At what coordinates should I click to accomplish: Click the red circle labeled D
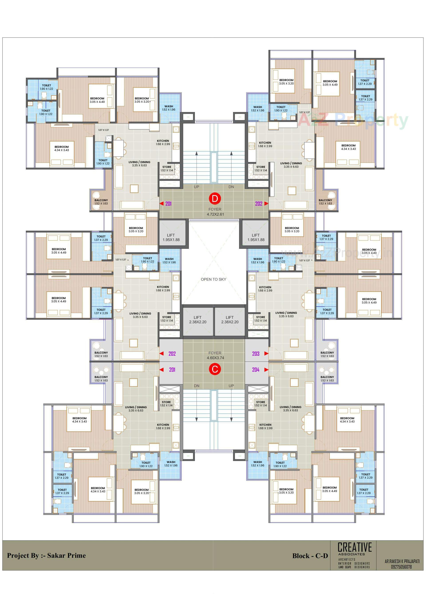point(215,198)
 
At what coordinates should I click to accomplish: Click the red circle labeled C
point(215,369)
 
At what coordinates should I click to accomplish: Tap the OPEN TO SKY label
point(213,279)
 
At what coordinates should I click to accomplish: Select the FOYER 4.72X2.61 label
point(215,212)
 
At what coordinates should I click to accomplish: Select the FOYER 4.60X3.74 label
point(215,355)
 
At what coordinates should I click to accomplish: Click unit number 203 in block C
point(256,354)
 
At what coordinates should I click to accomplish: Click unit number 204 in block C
point(256,370)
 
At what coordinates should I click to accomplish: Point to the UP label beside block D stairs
point(197,187)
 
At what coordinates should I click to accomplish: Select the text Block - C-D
point(310,556)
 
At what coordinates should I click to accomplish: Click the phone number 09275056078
point(401,567)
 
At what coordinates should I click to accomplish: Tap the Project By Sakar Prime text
point(46,555)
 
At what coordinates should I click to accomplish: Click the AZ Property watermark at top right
point(353,120)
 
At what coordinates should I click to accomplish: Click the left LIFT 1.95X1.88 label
point(171,237)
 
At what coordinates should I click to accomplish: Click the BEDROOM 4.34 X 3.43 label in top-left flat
point(62,148)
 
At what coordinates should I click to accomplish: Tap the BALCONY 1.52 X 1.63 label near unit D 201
point(101,202)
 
